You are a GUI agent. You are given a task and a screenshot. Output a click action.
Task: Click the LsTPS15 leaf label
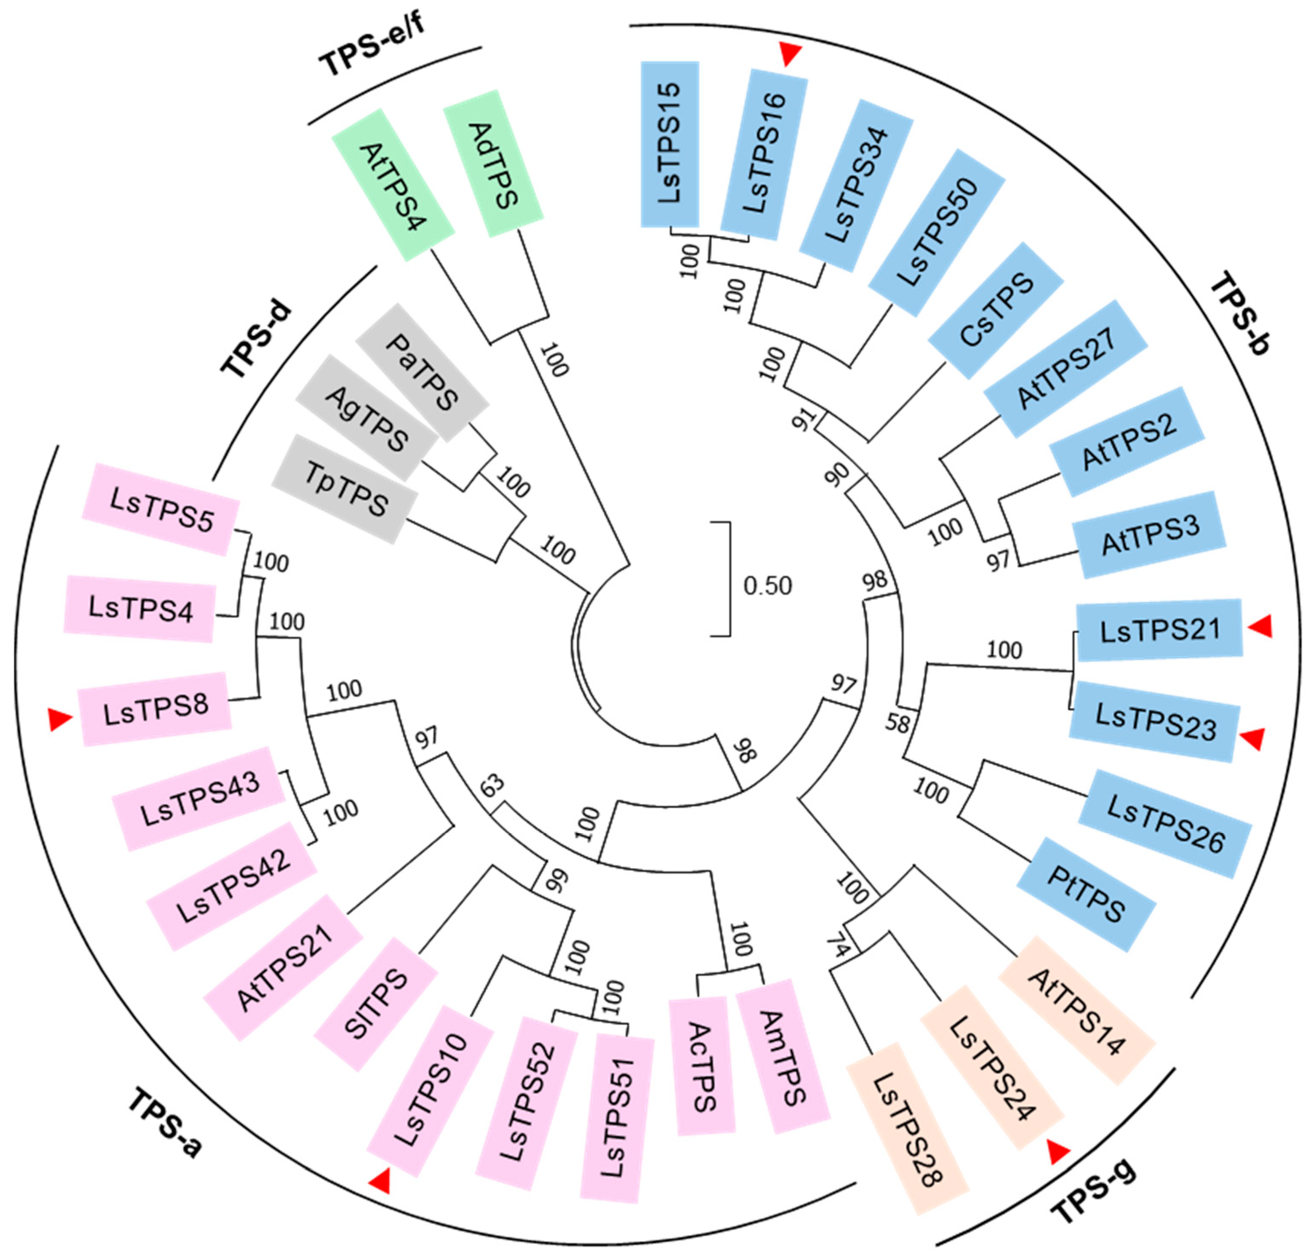pos(670,144)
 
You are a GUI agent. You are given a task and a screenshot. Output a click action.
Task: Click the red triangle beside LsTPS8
pos(59,720)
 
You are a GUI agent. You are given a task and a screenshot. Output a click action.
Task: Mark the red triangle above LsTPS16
pos(791,53)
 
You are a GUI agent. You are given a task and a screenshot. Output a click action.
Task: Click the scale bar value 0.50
pos(767,586)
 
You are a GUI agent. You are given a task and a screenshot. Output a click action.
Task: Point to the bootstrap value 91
pos(807,420)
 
